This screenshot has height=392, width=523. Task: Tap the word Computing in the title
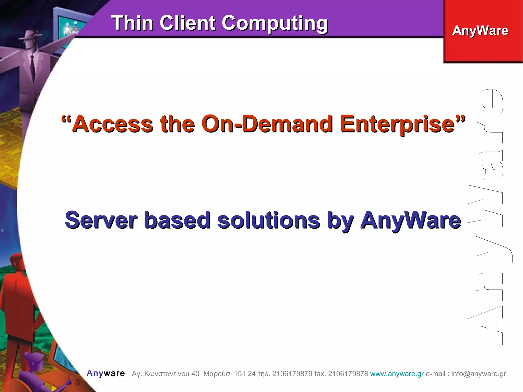pyautogui.click(x=275, y=24)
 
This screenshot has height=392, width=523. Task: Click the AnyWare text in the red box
pyautogui.click(x=480, y=31)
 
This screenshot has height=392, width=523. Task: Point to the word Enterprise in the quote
pyautogui.click(x=397, y=125)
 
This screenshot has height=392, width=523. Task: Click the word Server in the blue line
pyautogui.click(x=101, y=220)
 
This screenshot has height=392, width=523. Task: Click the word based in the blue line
pyautogui.click(x=177, y=220)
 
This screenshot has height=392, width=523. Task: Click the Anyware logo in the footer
pyautogui.click(x=106, y=373)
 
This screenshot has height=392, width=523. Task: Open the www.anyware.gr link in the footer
pyautogui.click(x=397, y=374)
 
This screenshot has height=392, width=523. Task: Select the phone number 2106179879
pyautogui.click(x=292, y=374)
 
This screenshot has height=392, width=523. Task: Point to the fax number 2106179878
pyautogui.click(x=348, y=374)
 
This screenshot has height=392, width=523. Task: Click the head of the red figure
pyautogui.click(x=17, y=262)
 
